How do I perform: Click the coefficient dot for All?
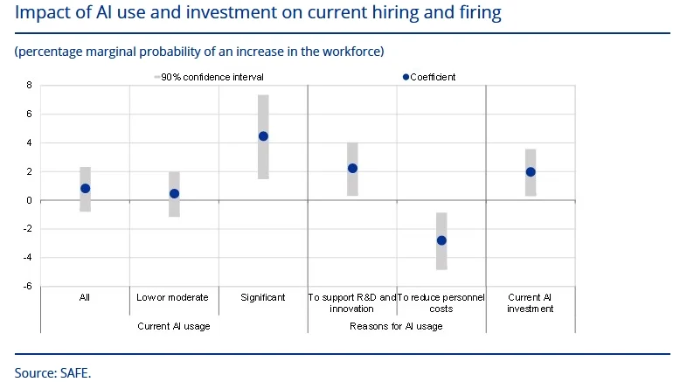pos(85,188)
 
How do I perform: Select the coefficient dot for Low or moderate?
pos(174,193)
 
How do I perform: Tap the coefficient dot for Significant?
pos(263,136)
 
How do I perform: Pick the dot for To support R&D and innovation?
pos(352,168)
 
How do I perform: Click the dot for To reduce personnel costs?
pos(441,240)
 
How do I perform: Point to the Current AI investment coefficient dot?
pos(531,171)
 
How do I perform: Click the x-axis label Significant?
pos(263,297)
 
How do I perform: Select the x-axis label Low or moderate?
pos(173,297)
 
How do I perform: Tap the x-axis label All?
pos(85,297)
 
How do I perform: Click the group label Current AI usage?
pos(174,326)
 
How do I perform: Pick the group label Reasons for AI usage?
pos(396,326)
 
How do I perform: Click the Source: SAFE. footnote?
pos(52,372)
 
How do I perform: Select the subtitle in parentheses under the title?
pos(199,52)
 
